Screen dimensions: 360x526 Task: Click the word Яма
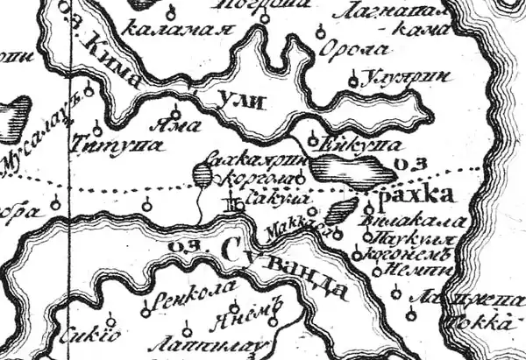click(170, 125)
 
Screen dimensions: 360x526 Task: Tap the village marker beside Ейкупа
click(315, 138)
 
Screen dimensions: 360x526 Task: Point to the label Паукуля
click(399, 237)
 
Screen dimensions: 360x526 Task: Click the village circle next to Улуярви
click(353, 82)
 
